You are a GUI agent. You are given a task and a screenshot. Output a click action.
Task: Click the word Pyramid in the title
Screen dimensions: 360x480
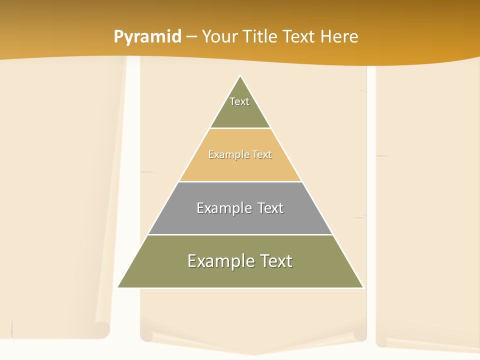(147, 37)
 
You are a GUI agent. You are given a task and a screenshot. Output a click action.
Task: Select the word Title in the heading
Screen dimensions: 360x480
(260, 36)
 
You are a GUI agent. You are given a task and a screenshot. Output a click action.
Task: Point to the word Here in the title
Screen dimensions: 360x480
(339, 36)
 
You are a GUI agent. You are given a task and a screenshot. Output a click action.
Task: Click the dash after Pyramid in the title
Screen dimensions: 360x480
(191, 37)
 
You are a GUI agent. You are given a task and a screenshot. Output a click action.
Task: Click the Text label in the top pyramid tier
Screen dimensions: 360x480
(239, 101)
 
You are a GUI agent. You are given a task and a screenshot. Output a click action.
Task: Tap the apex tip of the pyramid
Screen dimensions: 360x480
(240, 76)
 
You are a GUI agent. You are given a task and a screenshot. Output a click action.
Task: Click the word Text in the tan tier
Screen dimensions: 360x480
(262, 154)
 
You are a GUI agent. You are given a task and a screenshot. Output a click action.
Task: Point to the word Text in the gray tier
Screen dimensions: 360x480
(270, 208)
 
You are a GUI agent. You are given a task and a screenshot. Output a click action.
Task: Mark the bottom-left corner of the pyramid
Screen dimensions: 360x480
(118, 287)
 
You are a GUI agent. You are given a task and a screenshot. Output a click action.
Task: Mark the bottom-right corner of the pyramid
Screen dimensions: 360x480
(363, 287)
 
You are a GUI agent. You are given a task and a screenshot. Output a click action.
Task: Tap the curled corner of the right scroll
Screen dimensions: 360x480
(381, 341)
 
